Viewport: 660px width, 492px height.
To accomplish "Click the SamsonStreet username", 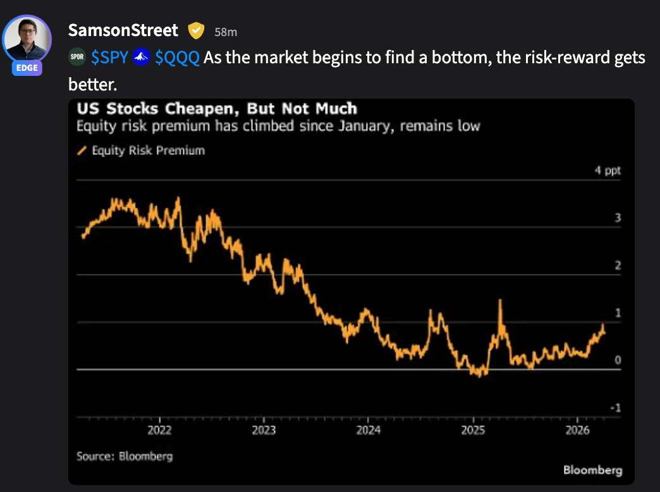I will tap(123, 30).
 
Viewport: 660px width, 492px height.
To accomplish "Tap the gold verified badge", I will tap(197, 30).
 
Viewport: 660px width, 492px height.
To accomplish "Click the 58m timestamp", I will tap(226, 32).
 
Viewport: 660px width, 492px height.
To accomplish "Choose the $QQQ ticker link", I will tap(177, 58).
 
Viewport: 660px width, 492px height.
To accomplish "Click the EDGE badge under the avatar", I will tap(27, 68).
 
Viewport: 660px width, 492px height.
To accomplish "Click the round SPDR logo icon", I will tap(77, 58).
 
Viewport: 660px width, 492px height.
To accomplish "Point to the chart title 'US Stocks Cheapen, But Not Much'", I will tap(217, 108).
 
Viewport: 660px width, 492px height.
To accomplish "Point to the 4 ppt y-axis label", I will tap(608, 171).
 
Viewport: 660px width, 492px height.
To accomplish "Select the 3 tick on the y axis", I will tap(618, 218).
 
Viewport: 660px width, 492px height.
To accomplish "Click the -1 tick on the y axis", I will tap(615, 408).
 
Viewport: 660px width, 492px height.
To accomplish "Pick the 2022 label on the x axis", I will tap(159, 431).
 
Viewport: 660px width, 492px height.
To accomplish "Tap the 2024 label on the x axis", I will tap(369, 431).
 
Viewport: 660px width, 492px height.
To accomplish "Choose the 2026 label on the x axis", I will tap(578, 431).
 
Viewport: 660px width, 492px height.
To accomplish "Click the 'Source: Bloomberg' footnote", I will tap(125, 456).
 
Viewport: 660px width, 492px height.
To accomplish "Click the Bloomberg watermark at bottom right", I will tap(592, 470).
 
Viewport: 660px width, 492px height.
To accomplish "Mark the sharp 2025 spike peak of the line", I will tap(500, 300).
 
